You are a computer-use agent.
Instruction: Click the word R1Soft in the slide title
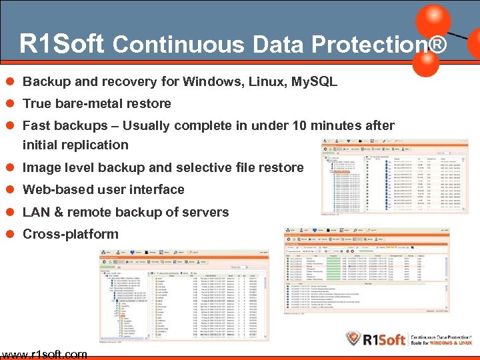(61, 44)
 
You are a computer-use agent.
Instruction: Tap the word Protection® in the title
(382, 45)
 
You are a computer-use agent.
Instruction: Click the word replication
(96, 145)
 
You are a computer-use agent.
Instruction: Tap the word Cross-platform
(71, 234)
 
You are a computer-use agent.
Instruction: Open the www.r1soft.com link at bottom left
(44, 354)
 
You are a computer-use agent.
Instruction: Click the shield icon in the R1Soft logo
(354, 339)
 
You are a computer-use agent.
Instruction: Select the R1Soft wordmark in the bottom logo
(385, 339)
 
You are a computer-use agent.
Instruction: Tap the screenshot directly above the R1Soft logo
(366, 273)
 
